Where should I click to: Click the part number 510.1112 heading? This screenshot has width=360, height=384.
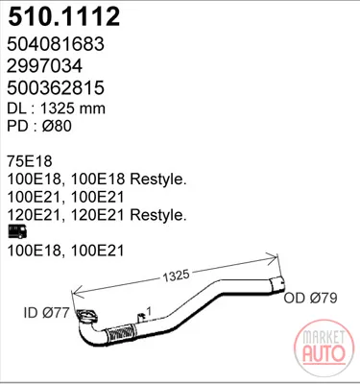pos(64,16)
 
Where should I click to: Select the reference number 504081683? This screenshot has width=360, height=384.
pos(56,43)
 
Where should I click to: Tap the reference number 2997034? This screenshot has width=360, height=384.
pos(45,65)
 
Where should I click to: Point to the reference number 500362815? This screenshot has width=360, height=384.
pos(56,87)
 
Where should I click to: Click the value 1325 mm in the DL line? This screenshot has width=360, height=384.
pos(73,108)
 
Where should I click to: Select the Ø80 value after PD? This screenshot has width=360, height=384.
pos(57,126)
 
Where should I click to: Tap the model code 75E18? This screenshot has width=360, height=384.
pos(30,161)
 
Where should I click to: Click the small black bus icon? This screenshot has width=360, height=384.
pos(17,231)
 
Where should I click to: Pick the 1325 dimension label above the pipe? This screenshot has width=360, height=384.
pos(176,276)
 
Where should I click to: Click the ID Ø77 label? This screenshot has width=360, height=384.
pos(46,313)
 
